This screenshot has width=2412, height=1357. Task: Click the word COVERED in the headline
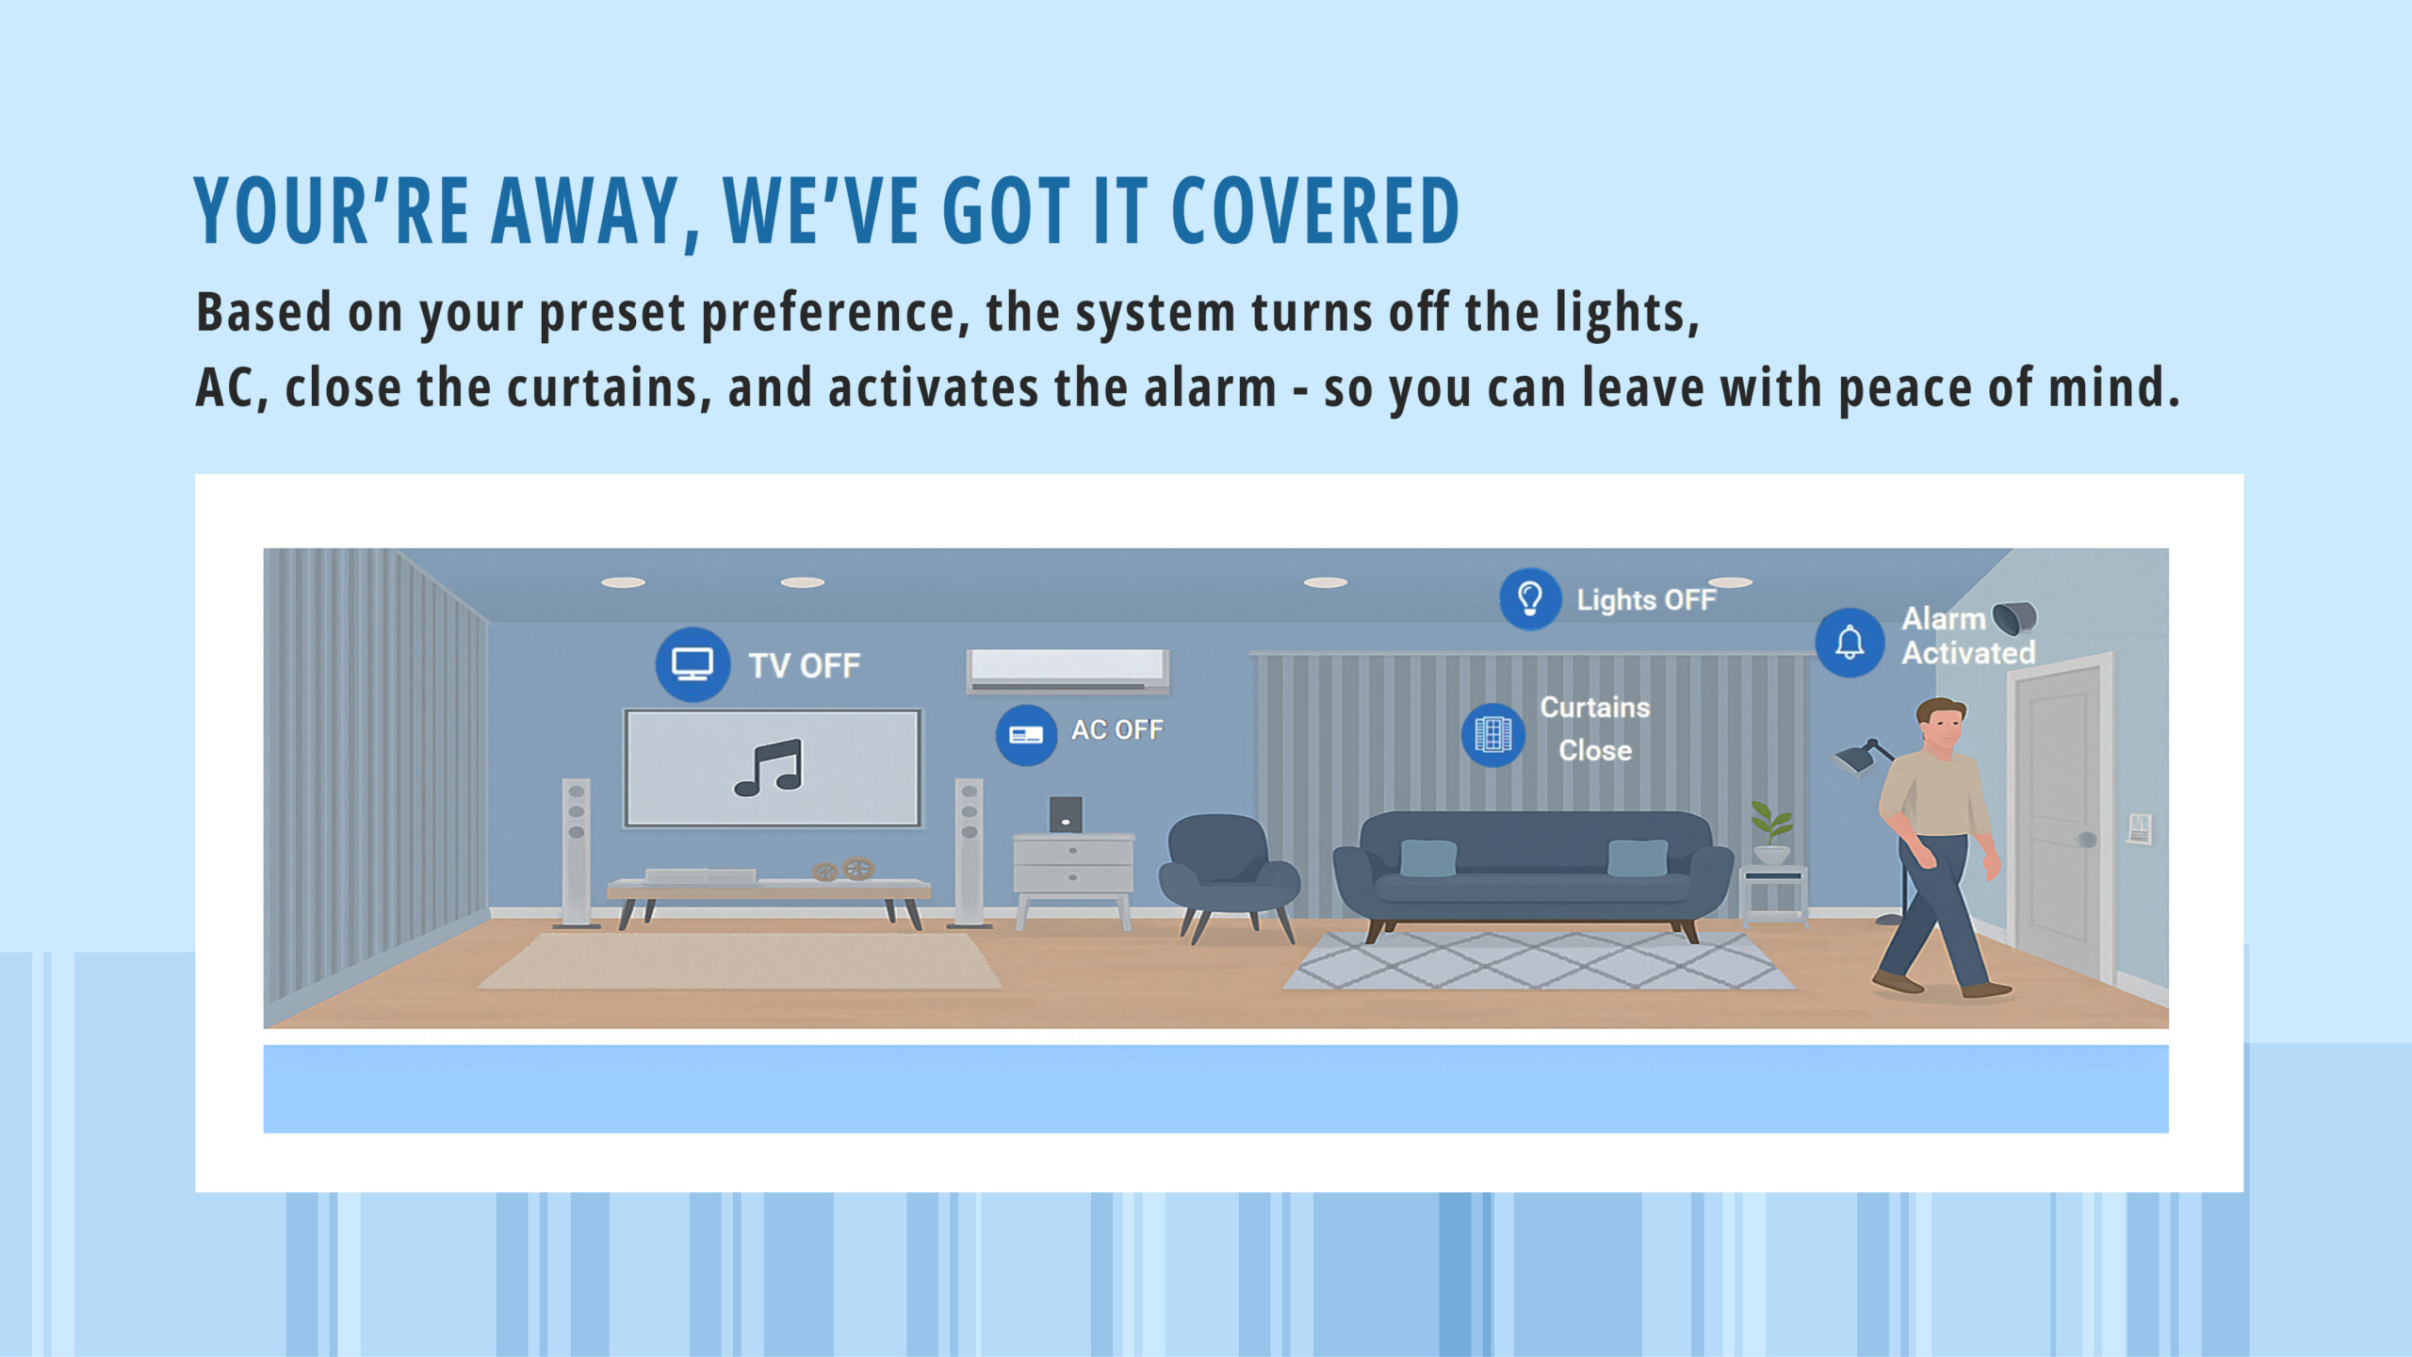(1315, 210)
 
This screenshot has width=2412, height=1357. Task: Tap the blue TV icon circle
(693, 664)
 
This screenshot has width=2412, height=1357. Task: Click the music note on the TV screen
(769, 768)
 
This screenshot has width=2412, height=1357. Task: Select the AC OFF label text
(1116, 729)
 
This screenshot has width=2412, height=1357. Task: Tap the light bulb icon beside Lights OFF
(1530, 599)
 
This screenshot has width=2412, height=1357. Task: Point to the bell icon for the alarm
(1850, 643)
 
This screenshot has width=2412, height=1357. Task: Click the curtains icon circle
(1492, 735)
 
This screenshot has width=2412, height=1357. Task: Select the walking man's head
(1942, 725)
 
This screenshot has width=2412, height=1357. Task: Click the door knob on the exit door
(2087, 839)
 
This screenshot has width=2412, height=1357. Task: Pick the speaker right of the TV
(969, 852)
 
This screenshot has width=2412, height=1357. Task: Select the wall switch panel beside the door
(2140, 829)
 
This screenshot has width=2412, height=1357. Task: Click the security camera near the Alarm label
(2014, 618)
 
